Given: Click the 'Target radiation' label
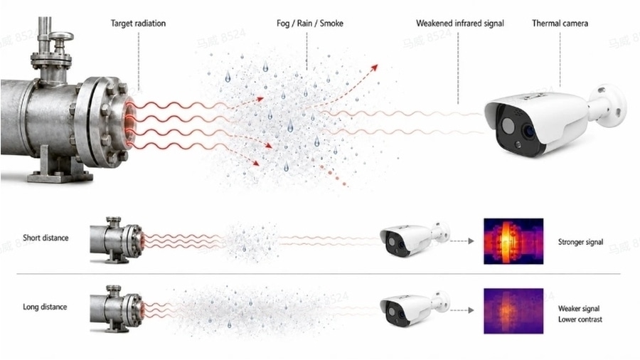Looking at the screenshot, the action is tap(138, 23).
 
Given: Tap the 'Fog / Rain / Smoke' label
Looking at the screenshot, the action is tap(310, 23).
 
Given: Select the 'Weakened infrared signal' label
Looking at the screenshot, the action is tap(460, 23).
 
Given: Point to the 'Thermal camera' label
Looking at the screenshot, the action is tap(560, 23).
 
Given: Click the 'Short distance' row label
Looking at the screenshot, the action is tap(46, 238).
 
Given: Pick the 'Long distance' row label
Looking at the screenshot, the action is tap(45, 307).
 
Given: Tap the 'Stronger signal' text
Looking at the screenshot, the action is tap(580, 242).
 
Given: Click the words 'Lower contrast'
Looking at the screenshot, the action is tap(580, 319).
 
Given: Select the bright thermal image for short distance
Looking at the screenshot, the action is tap(513, 241).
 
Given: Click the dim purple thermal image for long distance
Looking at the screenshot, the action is tap(513, 311).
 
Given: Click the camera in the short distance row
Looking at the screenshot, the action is tap(412, 240).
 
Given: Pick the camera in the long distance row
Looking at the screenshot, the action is tap(412, 309).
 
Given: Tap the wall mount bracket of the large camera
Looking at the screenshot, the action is tap(608, 104).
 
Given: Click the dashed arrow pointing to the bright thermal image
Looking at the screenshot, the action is tap(462, 241).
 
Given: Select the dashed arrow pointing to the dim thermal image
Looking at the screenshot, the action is tap(462, 311).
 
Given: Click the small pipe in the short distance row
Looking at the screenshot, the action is tap(117, 240).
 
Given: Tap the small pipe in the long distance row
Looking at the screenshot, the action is tap(117, 309).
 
